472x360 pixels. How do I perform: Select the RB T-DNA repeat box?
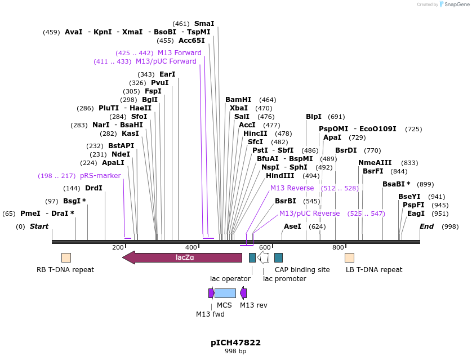point(66,257)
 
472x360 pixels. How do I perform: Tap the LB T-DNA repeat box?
point(349,257)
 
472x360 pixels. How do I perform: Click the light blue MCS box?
point(225,293)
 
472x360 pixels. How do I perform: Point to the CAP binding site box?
point(278,257)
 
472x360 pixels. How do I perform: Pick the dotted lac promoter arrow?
point(263,257)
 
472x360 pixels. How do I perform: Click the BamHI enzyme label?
point(238,100)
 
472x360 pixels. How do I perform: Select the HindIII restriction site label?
point(280,176)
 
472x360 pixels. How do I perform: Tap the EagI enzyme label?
point(416,214)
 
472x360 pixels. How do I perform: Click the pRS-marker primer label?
point(100,176)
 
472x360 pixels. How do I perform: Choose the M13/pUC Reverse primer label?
point(309,214)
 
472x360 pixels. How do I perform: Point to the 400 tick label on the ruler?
point(192,247)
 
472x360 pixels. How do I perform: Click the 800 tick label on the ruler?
point(338,247)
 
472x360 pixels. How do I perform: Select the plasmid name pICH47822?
point(235,342)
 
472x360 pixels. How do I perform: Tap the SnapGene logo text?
point(455,5)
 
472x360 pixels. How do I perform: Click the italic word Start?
point(39,226)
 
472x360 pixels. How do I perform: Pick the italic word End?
point(427,226)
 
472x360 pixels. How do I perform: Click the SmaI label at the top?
point(204,24)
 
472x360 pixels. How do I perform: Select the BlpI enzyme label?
point(314,117)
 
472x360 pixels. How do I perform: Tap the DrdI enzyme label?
point(93,188)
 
